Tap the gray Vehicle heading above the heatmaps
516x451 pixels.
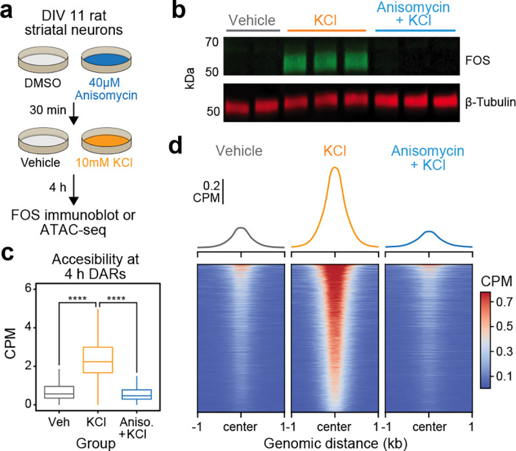240,152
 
